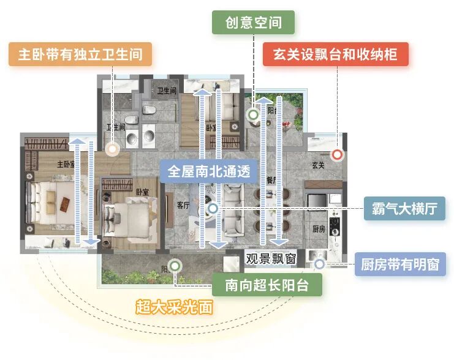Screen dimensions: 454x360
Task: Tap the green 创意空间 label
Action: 253,23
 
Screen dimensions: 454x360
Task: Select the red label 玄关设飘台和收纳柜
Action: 336,54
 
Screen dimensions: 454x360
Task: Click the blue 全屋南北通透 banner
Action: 209,171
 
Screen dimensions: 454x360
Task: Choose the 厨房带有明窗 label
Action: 400,265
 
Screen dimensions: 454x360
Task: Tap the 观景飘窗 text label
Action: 271,258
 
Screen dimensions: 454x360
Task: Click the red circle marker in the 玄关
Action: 337,154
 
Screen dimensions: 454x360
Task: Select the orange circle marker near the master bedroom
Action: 112,148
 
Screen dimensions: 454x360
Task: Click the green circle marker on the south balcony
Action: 175,266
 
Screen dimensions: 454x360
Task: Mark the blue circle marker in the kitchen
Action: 319,264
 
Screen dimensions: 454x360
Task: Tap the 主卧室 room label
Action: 66,164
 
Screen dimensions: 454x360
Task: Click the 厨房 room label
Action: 319,229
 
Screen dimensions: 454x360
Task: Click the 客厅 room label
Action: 183,205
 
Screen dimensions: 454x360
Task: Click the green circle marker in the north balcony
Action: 252,114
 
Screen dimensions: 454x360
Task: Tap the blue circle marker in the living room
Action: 213,209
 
